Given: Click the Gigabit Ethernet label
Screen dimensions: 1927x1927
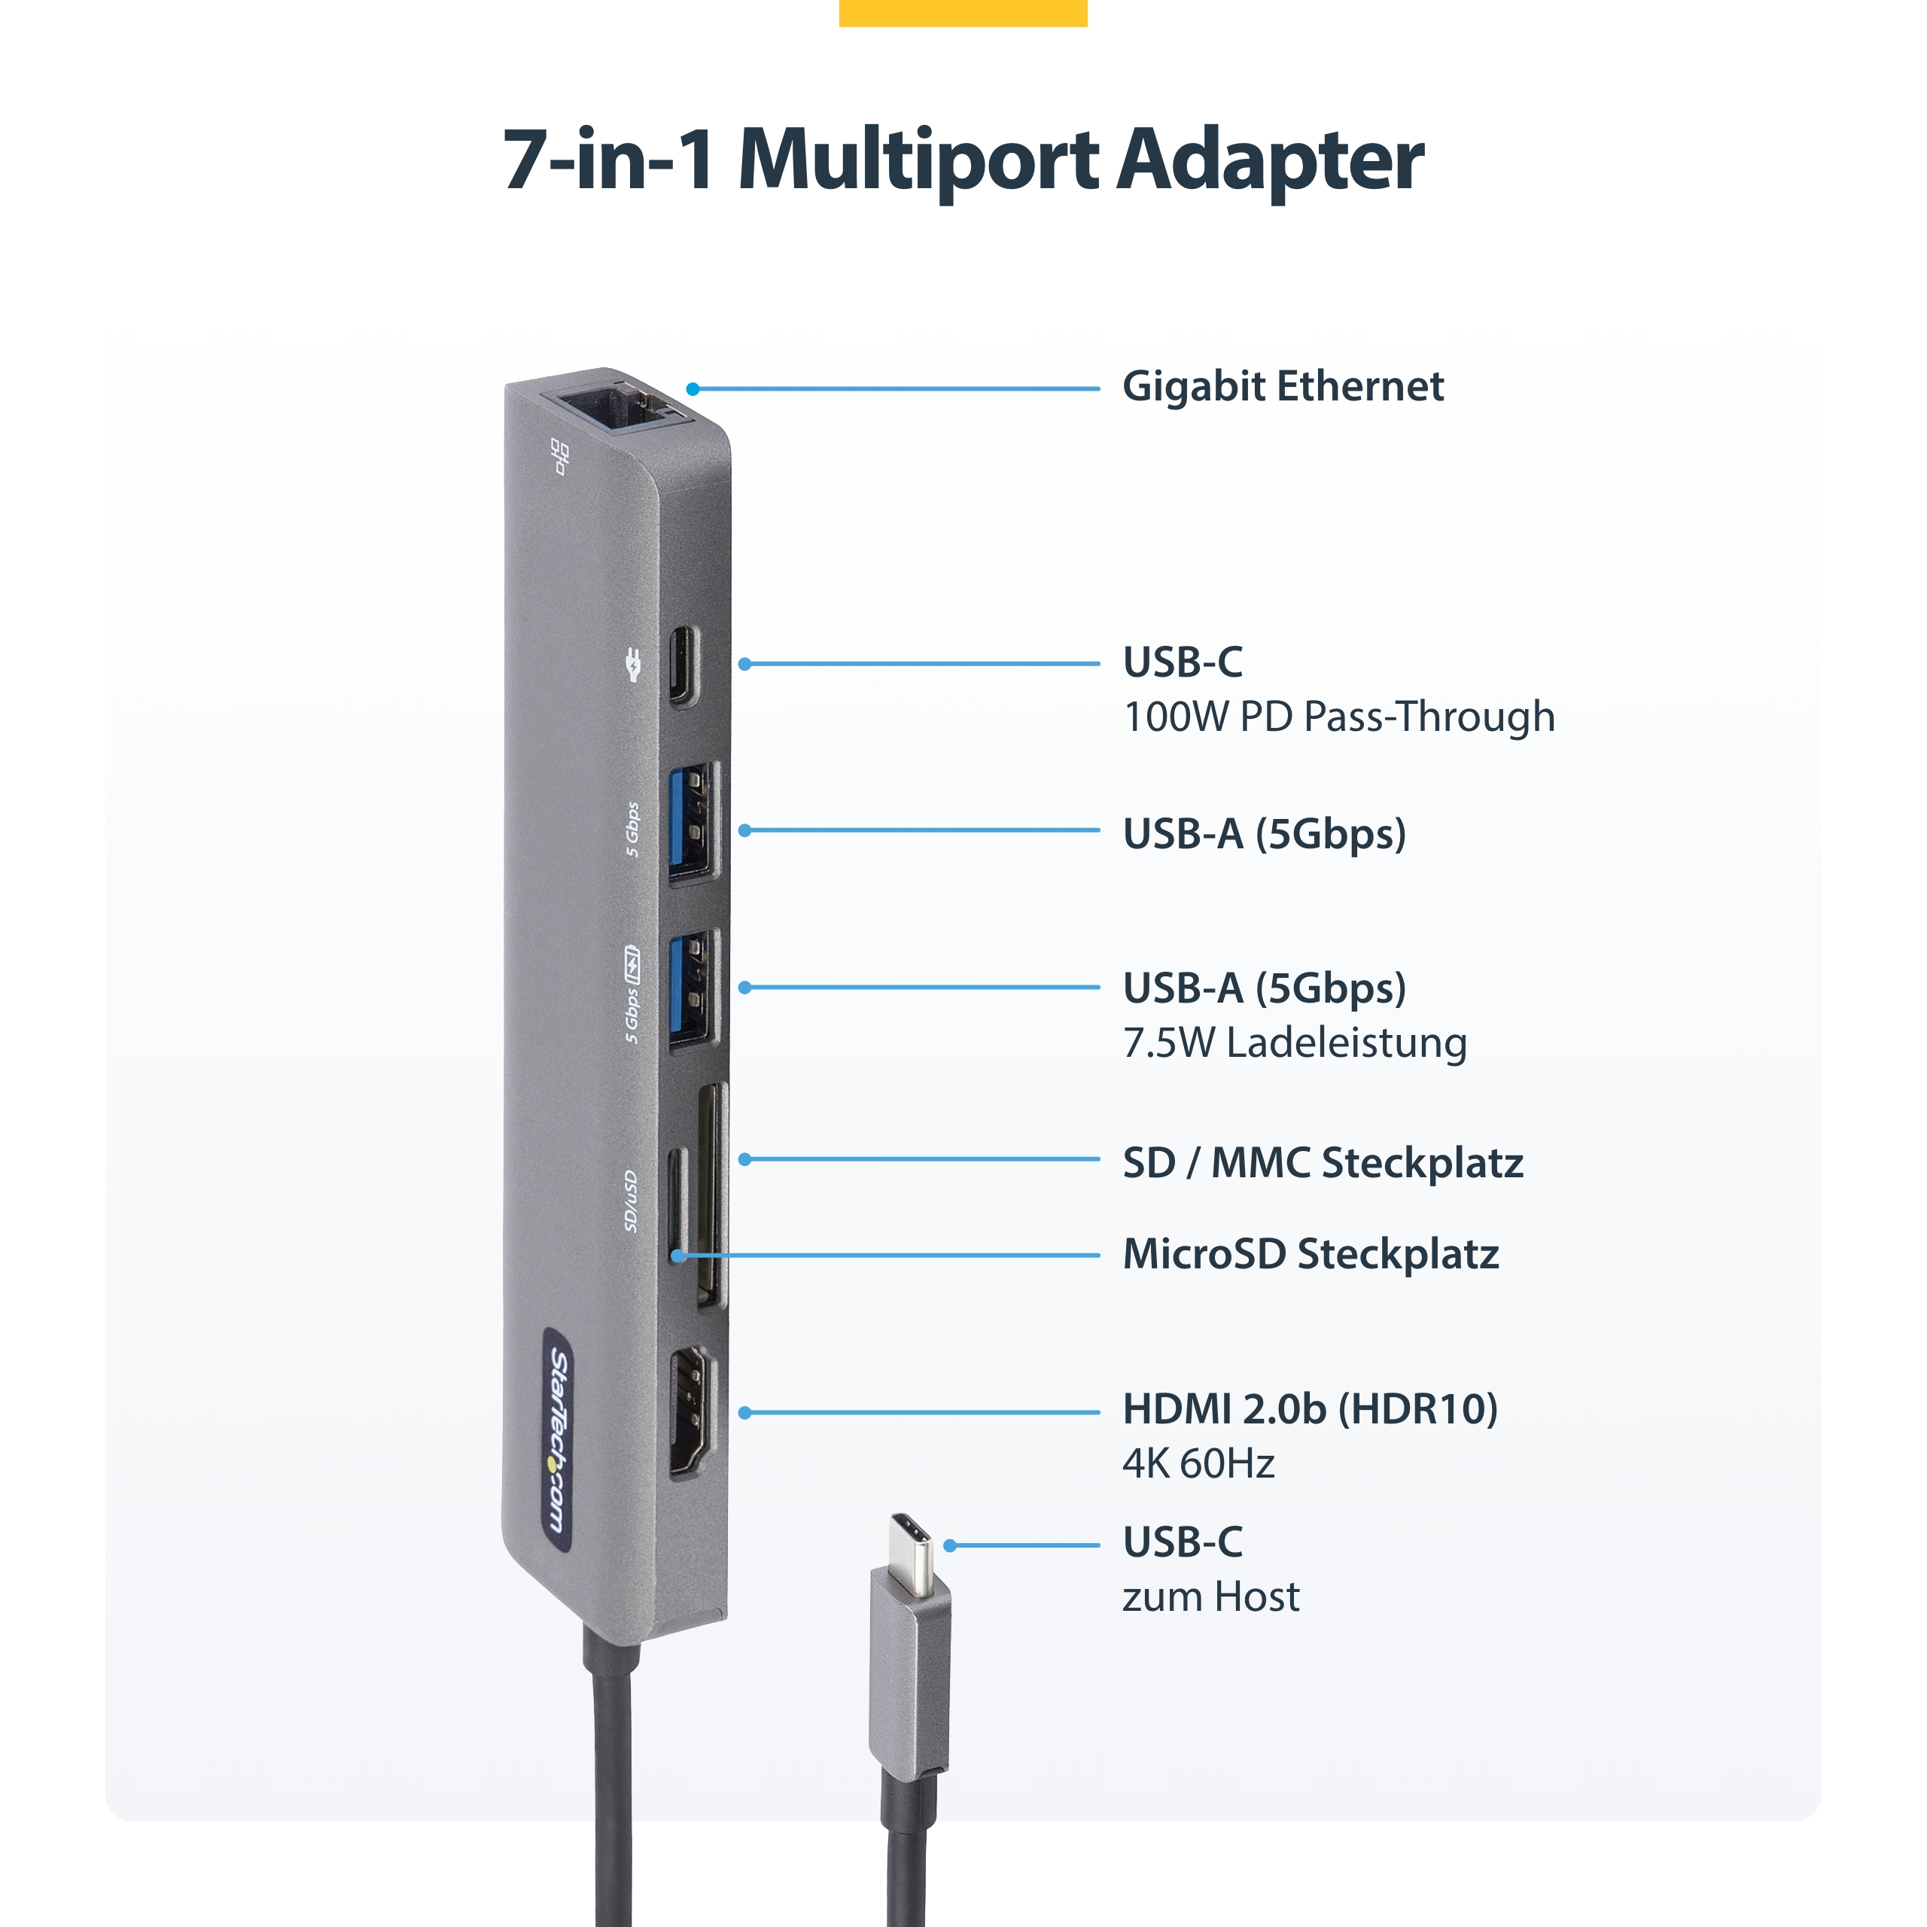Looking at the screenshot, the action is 1283,387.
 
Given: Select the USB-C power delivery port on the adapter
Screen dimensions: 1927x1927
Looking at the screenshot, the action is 684,665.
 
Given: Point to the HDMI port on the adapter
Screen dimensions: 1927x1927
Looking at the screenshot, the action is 693,1411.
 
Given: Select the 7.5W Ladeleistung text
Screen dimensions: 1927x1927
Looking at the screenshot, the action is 1295,1043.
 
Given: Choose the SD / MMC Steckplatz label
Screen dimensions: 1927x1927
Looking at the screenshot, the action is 1323,1163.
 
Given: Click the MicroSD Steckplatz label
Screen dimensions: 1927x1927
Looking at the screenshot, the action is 1311,1254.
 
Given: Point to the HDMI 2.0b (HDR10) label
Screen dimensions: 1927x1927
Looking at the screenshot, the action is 1311,1409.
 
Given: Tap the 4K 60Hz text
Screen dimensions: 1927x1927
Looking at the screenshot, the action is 1199,1464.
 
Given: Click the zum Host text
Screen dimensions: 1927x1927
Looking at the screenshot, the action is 1211,1597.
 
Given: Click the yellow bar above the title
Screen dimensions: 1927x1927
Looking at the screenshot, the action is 963,13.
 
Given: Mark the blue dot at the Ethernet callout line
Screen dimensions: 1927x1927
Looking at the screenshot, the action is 693,389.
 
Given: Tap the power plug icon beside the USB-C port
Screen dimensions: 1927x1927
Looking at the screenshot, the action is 632,665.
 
